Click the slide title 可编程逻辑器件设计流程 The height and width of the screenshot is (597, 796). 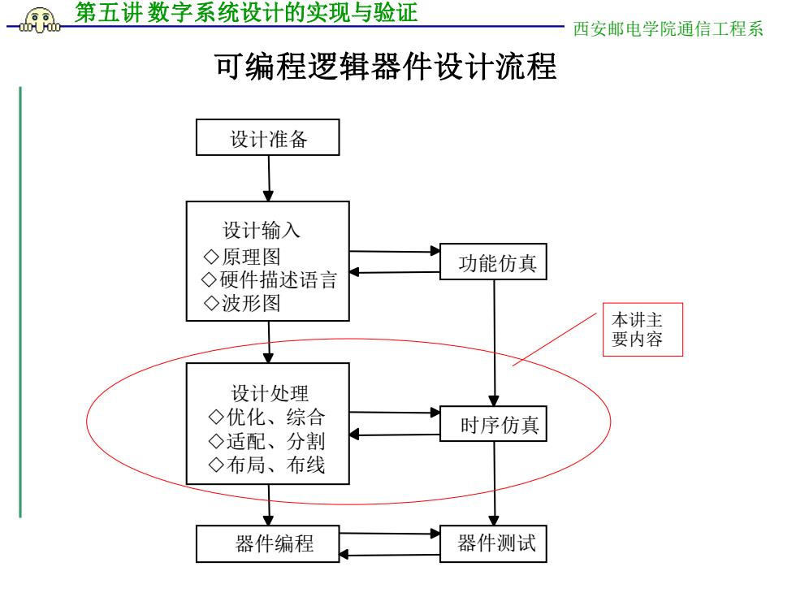[x=386, y=67]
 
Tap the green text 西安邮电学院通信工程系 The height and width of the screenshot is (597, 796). [x=668, y=29]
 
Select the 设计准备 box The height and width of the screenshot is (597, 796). [x=267, y=137]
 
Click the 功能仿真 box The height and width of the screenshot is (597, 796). [x=493, y=262]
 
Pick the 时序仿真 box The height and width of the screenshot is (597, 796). [x=493, y=423]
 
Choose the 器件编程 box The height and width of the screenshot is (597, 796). [x=267, y=543]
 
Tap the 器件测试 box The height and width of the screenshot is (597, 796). [x=493, y=543]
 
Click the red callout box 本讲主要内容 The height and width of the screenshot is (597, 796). [x=642, y=330]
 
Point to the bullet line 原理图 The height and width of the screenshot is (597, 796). [x=242, y=257]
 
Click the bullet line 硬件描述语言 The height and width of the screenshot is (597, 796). [x=269, y=279]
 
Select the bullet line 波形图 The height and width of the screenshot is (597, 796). [x=242, y=303]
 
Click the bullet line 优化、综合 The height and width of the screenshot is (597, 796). [x=266, y=417]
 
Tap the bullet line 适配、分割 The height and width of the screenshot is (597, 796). [x=266, y=440]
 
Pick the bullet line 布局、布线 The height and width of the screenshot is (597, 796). [x=266, y=465]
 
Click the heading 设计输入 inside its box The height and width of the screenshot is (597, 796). [x=262, y=230]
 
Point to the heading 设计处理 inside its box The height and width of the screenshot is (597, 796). [x=270, y=393]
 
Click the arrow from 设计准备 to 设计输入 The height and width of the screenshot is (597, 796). [x=269, y=178]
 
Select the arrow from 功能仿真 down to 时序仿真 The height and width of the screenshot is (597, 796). [x=494, y=343]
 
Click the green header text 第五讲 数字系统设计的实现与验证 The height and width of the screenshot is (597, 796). [x=246, y=12]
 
